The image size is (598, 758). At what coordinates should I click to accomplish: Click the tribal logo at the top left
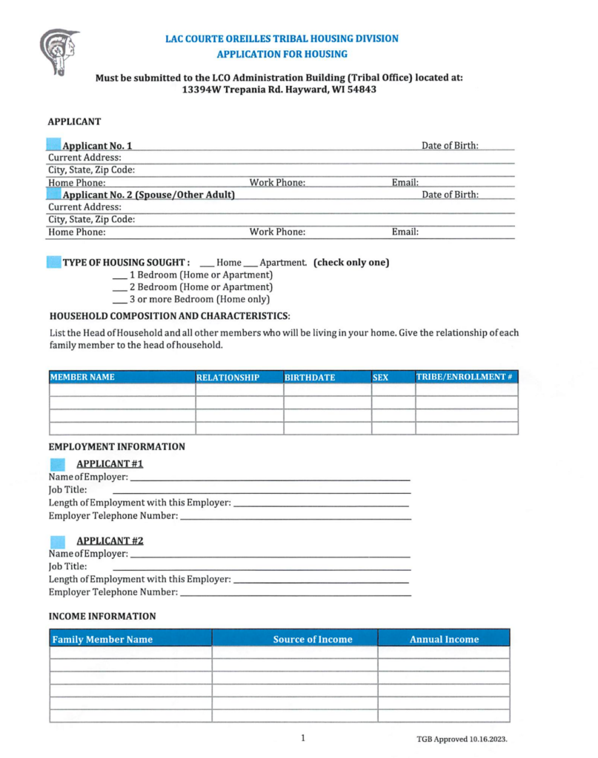point(59,52)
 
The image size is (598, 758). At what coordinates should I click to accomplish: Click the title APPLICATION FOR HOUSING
point(282,54)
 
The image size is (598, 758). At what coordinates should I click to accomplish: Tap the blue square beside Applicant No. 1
point(54,145)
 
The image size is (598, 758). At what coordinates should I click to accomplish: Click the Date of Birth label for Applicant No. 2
point(450,195)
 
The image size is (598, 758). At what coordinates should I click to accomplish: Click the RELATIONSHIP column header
point(228,378)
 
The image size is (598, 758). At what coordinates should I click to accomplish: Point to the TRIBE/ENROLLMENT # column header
point(465,377)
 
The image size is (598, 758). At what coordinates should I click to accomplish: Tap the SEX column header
point(381,378)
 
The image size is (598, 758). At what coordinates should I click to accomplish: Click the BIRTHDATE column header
point(310,378)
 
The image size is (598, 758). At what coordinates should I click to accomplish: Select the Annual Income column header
point(444,639)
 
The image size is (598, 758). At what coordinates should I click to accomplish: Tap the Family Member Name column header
point(102,639)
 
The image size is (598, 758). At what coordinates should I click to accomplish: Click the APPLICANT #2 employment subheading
point(110,540)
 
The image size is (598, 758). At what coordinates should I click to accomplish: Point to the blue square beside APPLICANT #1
point(57,464)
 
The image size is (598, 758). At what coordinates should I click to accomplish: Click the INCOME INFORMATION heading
point(102,616)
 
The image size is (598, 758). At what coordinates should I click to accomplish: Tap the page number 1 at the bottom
point(303,737)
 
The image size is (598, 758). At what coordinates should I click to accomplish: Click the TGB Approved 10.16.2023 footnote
point(462,739)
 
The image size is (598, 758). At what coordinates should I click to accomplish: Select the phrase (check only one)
point(351,263)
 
